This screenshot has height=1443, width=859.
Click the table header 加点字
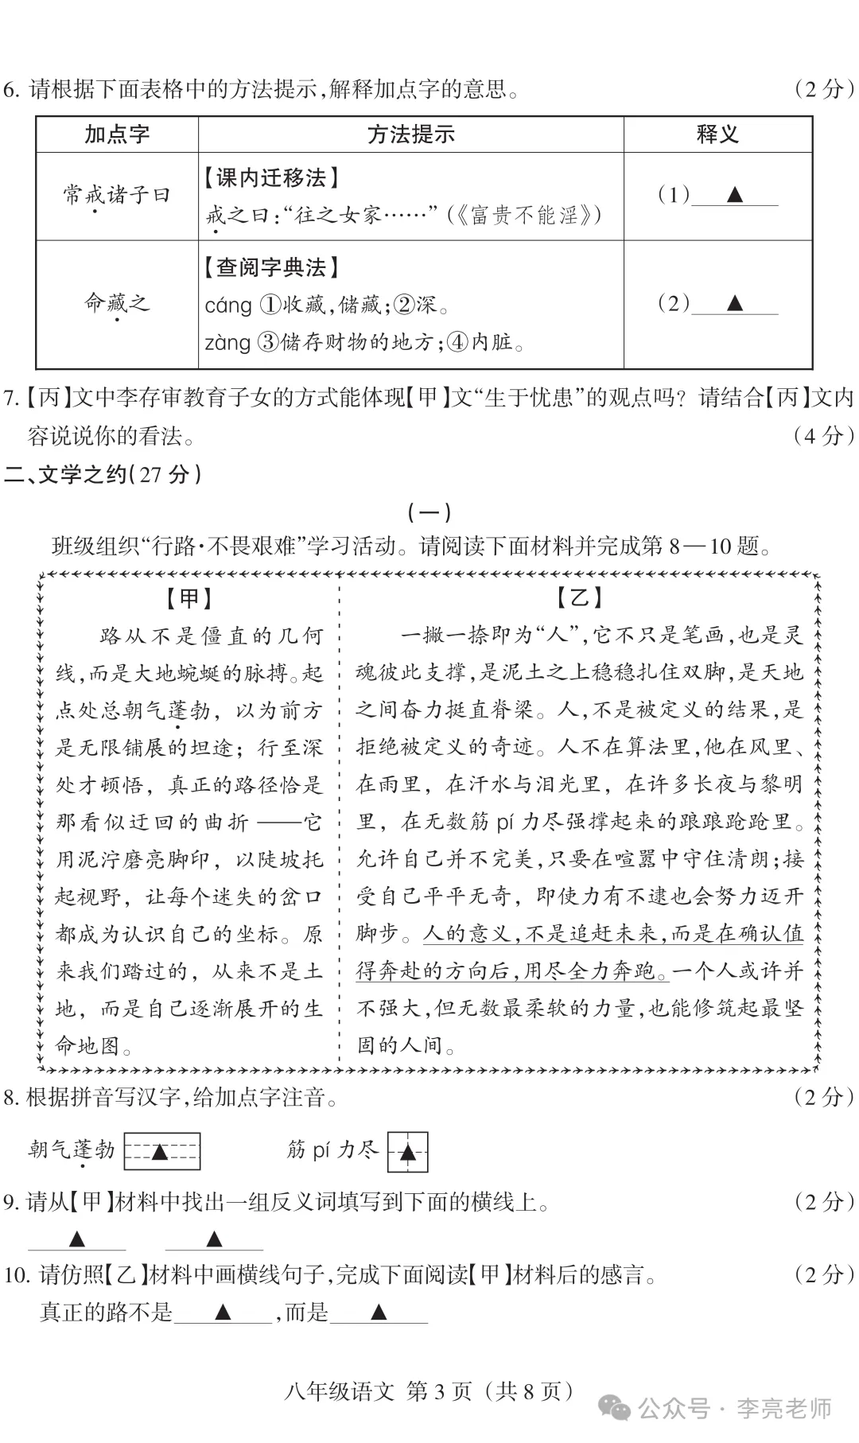pos(117,134)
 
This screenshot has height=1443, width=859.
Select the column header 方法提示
pos(410,134)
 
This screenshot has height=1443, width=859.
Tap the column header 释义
pos(717,134)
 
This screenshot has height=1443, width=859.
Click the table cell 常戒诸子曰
pos(117,195)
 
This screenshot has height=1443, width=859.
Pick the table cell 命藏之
pos(117,303)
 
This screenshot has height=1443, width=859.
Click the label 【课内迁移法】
pos(271,177)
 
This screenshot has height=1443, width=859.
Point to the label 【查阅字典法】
pos(271,267)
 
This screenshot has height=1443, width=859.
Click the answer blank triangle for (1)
pos(734,195)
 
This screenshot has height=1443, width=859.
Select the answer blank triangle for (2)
pos(734,303)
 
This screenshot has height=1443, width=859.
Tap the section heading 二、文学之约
pos(103,475)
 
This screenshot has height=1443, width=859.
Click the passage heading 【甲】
pos(189,598)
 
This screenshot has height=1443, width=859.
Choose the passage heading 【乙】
pos(580,598)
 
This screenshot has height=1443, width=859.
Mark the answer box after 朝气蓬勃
pos(161,1151)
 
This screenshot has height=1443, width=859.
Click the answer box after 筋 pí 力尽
pos(407,1151)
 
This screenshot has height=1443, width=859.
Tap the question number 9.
pos(10,1202)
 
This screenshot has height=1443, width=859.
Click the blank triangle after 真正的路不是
pos(223,1312)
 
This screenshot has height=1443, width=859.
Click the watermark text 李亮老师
pos(783,1409)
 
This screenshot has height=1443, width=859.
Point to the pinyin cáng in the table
pos(228,305)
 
